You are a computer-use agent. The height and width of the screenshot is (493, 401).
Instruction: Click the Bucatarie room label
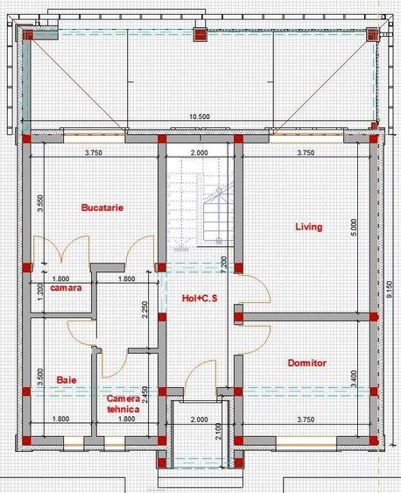102,208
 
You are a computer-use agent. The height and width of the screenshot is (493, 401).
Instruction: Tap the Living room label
309,227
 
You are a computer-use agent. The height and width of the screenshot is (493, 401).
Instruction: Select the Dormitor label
307,363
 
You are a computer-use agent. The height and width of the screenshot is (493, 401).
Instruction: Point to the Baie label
67,380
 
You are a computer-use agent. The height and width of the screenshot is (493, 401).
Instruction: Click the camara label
66,288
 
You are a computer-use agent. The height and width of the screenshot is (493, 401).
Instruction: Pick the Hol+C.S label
200,299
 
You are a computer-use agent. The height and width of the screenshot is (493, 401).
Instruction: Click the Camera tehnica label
123,404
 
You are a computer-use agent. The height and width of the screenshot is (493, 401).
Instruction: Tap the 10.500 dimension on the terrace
200,116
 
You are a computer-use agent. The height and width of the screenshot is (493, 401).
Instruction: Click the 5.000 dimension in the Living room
354,228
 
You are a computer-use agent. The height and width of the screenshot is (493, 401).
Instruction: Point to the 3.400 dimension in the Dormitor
354,379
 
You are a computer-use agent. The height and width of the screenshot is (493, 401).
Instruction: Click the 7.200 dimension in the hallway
224,264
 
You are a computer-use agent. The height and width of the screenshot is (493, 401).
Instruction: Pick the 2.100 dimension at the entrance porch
219,432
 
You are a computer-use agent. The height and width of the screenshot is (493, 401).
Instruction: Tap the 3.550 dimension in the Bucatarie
41,203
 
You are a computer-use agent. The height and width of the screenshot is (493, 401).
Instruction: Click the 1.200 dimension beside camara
41,292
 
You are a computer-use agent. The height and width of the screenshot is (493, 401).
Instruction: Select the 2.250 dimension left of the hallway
144,310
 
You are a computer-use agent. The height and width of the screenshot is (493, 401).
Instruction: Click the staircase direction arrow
219,216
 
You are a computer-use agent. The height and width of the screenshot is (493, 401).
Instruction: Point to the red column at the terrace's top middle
200,34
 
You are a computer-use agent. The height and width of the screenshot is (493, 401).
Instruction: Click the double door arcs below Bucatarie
61,249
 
